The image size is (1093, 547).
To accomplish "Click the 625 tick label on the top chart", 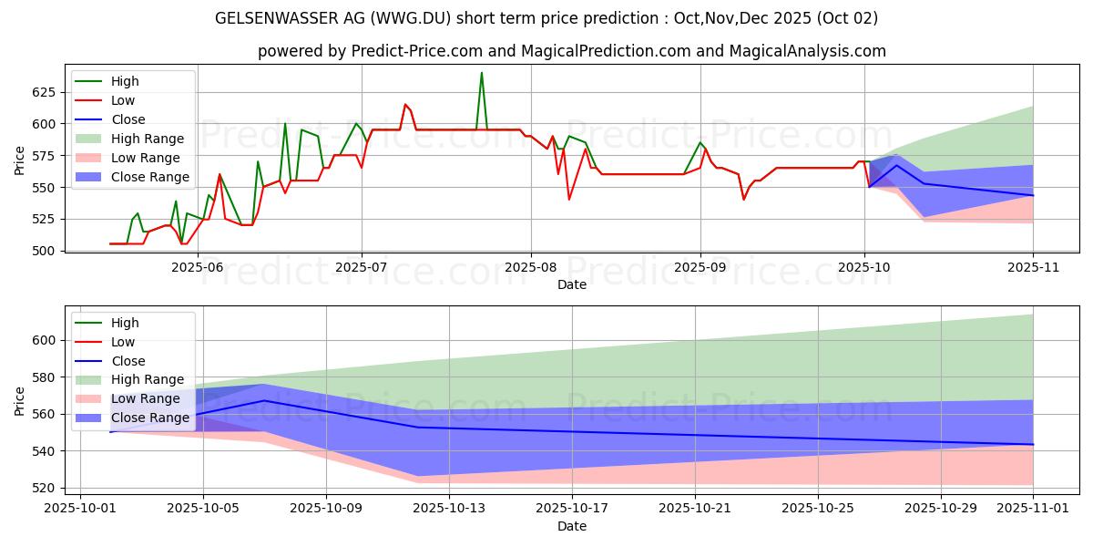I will coord(43,92).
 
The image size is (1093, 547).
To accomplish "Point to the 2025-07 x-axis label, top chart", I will coord(362,267).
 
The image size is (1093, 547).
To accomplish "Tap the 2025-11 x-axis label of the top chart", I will coord(1033,267).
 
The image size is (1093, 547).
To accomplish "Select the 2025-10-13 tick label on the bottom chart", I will coord(449,509).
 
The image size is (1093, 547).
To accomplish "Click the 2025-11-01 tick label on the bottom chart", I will coord(1033,509).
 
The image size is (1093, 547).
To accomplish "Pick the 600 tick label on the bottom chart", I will coord(43,340).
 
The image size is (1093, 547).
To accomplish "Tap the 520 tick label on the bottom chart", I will coord(43,488).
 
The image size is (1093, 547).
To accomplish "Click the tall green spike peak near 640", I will coord(482,73).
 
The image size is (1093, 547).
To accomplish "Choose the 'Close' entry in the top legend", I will coord(128,119).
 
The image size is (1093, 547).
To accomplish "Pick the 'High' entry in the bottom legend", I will coord(125,323).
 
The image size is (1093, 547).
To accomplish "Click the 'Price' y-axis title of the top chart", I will coord(20,160).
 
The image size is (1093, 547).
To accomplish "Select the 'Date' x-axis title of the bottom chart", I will coord(571,526).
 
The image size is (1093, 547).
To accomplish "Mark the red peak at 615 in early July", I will coord(405,104).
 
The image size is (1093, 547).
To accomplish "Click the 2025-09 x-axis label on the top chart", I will coord(700,267).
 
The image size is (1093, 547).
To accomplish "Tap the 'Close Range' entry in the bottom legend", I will coord(150,418).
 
